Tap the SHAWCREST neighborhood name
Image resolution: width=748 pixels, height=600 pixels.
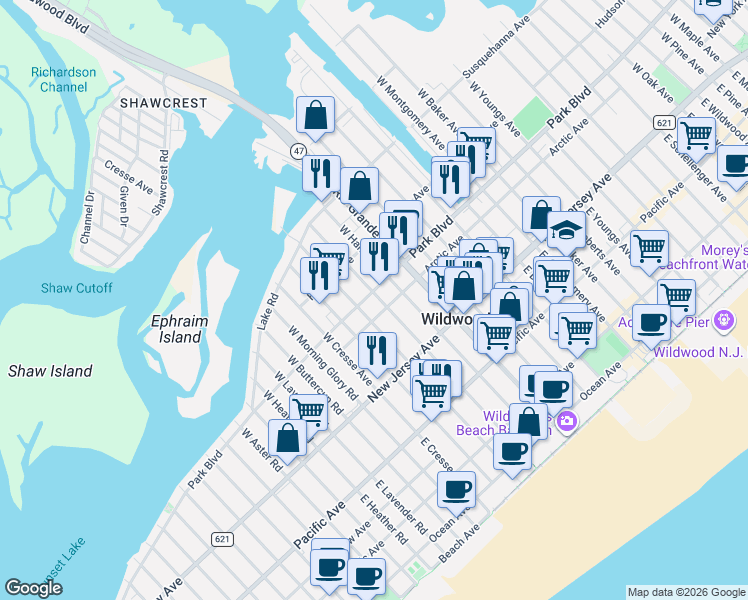click(x=163, y=103)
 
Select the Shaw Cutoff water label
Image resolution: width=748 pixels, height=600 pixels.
click(x=76, y=288)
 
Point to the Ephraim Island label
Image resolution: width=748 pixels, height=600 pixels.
click(x=176, y=329)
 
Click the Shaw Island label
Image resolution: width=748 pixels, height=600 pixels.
click(x=50, y=371)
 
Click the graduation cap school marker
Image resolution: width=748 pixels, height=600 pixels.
click(x=566, y=230)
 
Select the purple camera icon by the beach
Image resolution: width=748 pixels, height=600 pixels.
click(x=567, y=422)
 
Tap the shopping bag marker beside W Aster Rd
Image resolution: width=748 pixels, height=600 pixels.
click(x=287, y=437)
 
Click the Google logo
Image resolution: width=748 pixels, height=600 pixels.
click(x=34, y=588)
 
